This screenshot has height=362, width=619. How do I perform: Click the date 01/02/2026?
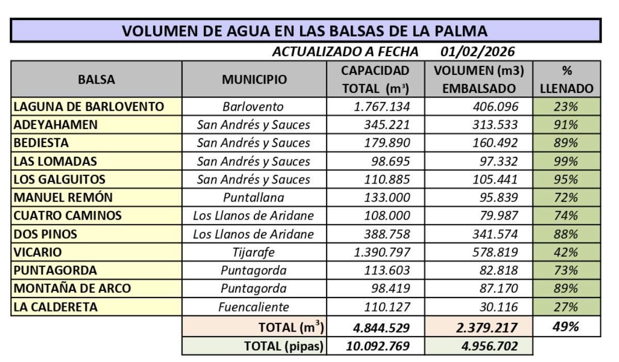pyautogui.click(x=478, y=52)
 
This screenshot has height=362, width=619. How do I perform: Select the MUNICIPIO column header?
pyautogui.click(x=254, y=79)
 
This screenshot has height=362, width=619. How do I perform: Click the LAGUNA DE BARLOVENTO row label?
pyautogui.click(x=89, y=107)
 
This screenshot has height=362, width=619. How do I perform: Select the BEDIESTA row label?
pyautogui.click(x=41, y=143)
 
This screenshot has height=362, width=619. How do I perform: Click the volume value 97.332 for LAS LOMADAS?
pyautogui.click(x=495, y=161)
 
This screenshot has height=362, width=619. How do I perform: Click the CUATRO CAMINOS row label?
pyautogui.click(x=68, y=216)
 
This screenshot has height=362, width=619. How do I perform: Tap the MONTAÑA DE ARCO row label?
pyautogui.click(x=72, y=288)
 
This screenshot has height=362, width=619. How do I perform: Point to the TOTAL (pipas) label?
pyautogui.click(x=284, y=346)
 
